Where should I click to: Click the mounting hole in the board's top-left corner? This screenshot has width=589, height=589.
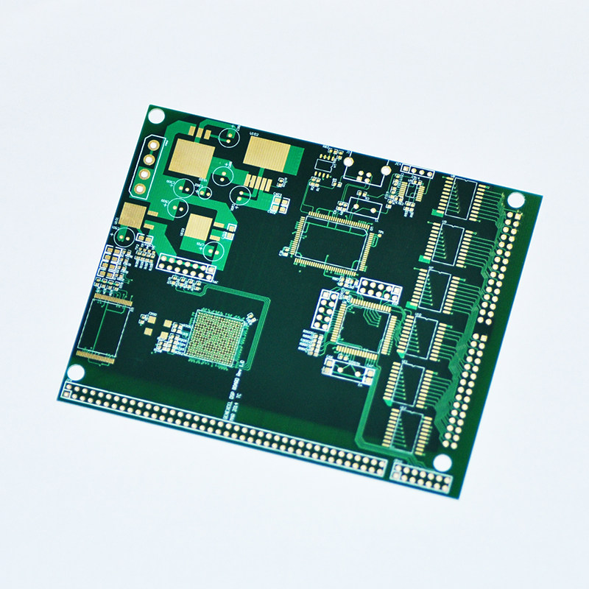(x=156, y=115)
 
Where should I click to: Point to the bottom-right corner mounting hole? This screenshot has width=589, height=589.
(x=442, y=462)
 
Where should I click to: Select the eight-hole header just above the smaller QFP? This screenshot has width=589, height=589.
(x=380, y=290)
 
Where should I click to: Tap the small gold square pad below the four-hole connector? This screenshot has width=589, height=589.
(x=134, y=215)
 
